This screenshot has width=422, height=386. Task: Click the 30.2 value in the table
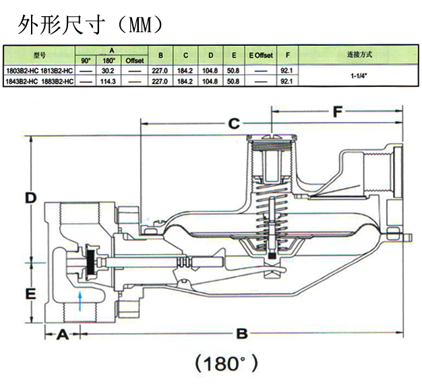pos(107,70)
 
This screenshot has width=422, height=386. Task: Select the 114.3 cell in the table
pos(107,81)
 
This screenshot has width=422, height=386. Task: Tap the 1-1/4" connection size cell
pos(358,75)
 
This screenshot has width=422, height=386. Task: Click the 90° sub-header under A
pos(86,61)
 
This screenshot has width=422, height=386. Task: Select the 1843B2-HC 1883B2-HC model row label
pos(38,81)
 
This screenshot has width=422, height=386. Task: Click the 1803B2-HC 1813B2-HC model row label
pos(38,70)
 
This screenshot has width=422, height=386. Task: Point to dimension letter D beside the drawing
pos(30,198)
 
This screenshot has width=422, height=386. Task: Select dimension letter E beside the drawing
pos(30,294)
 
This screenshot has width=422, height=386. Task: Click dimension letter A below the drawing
pos(62,333)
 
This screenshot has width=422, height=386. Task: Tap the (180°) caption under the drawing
pos(226,364)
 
